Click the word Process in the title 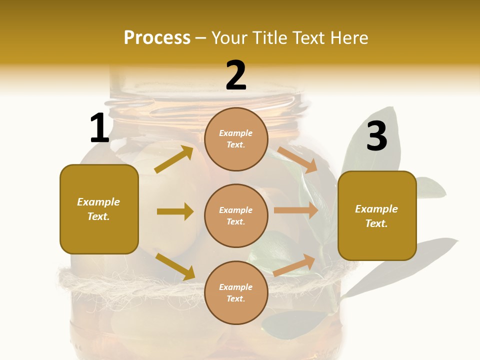point(157,38)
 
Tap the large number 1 point(99,128)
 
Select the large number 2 point(236,75)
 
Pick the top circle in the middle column point(236,139)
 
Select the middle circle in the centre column point(236,215)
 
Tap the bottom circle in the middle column point(236,292)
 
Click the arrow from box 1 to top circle point(173,159)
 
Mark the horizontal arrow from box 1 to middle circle point(175,211)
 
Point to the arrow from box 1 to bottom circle point(175,266)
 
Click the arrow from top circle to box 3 point(297,159)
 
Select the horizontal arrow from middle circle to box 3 point(296,210)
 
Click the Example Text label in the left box point(98,209)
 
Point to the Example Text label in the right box point(376,216)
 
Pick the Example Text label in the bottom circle point(236,292)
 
